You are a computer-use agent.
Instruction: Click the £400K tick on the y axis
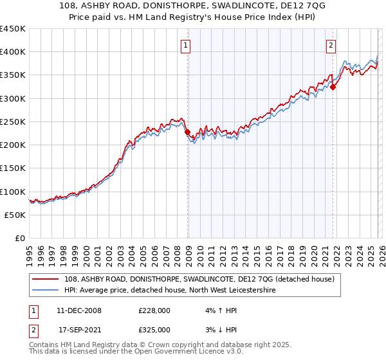13,52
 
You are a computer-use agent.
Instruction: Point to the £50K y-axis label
15,215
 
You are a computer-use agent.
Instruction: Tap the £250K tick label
13,122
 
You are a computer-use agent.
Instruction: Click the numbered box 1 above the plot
185,45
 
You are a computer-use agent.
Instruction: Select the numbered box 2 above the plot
331,45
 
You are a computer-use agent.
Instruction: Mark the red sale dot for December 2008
187,132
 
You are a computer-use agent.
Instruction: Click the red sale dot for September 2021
333,87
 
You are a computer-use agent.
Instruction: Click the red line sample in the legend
46,280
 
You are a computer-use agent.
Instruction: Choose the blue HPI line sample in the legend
46,291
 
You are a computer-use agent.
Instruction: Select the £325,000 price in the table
154,329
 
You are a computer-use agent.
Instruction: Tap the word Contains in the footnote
44,346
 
